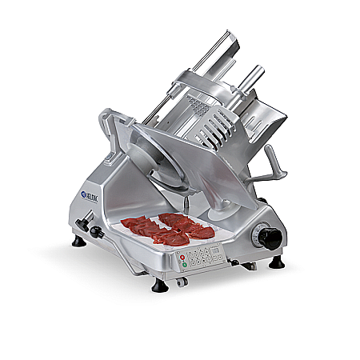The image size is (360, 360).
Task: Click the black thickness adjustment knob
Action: tap(270, 238)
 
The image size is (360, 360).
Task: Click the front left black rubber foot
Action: tap(78, 240)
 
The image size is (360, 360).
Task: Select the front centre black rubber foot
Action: tap(159, 284)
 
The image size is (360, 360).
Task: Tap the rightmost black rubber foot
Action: tap(276, 262)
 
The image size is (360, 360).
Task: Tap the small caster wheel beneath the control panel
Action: tap(182, 281)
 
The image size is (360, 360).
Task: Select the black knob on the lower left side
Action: tap(97, 232)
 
